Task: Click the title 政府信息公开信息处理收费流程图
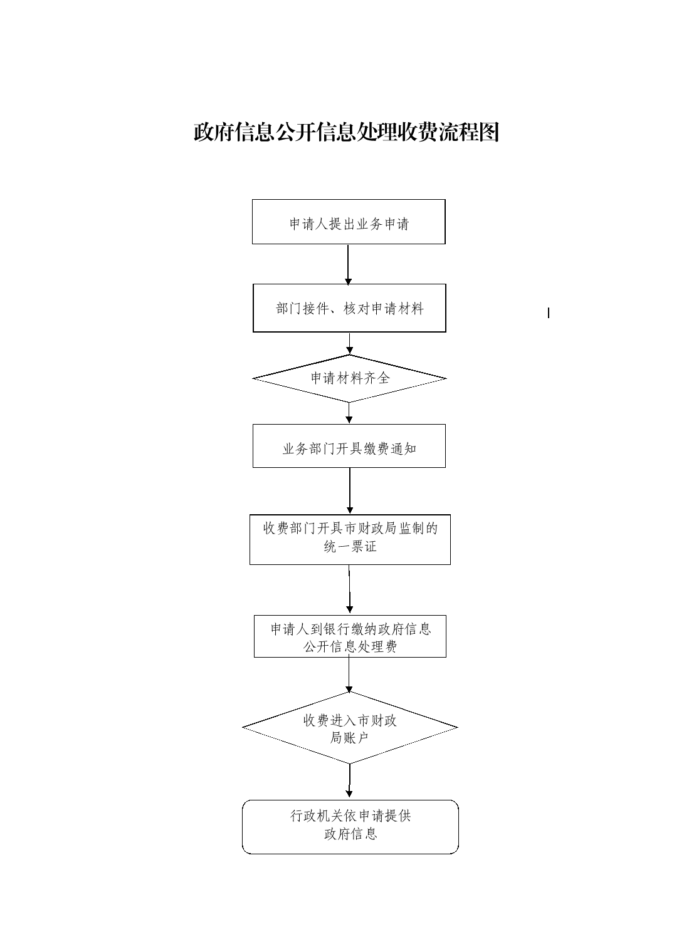346,132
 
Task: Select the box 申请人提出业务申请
349,222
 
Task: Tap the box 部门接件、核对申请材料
349,308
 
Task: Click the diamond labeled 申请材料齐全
349,378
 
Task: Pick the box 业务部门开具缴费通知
349,446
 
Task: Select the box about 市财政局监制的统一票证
350,540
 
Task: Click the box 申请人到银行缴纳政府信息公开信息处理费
350,636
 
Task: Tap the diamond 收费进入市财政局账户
350,728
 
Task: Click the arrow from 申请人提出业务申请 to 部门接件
348,264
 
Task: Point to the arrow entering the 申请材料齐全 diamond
349,343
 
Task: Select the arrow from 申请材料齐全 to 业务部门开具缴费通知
349,413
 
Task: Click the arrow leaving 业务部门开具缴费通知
350,491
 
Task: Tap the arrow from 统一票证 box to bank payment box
349,590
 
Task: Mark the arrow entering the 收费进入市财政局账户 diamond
349,675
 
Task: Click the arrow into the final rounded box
349,782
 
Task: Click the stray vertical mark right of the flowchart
549,313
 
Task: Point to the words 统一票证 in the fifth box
350,547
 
